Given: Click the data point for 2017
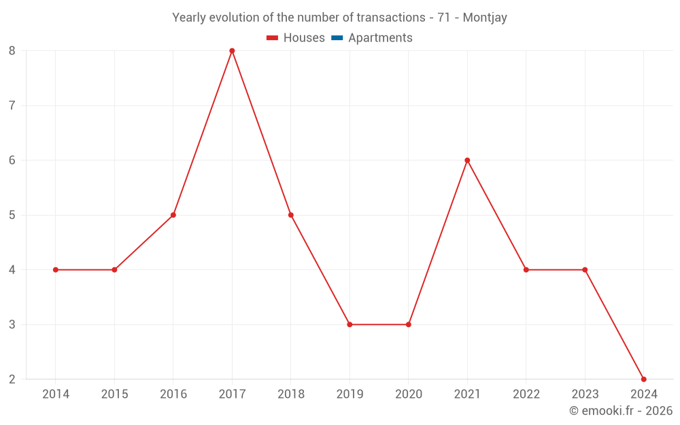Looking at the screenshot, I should click(232, 51).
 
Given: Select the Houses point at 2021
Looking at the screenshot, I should click(467, 160).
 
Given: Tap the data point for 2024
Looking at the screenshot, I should click(643, 379).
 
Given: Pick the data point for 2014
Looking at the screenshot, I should click(56, 270).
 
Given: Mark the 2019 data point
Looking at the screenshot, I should click(350, 324).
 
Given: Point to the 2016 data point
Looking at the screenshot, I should click(173, 215).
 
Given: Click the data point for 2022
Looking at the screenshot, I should click(526, 270).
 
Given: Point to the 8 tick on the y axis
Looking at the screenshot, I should click(12, 51).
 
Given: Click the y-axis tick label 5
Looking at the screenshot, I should click(12, 215).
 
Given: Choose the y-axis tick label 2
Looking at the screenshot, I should click(12, 379).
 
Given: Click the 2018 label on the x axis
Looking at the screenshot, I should click(291, 394).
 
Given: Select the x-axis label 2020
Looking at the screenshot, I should click(409, 394).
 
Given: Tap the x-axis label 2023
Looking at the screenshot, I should click(585, 394).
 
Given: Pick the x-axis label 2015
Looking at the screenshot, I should click(114, 394).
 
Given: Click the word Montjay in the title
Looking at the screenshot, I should click(485, 18).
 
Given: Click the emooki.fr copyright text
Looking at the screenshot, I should click(621, 411).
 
